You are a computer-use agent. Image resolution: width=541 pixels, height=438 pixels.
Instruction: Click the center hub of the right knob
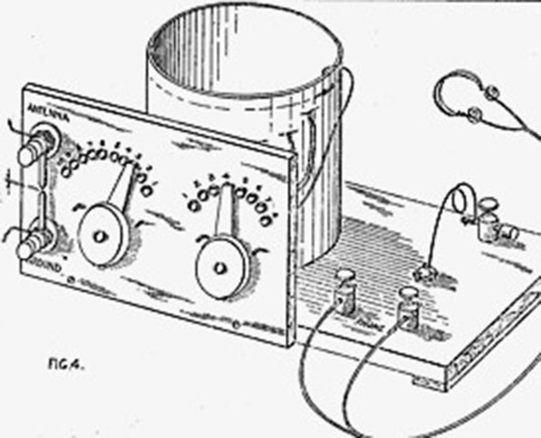point(220,267)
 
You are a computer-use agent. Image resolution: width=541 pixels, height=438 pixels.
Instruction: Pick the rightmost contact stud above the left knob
point(147,193)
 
